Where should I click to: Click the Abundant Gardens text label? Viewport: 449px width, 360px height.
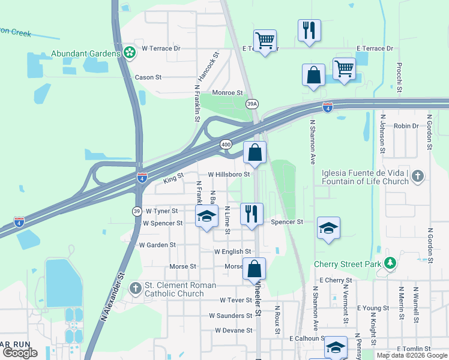(85, 53)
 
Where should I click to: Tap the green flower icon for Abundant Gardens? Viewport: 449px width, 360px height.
(129, 53)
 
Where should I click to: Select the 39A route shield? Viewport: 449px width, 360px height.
(253, 104)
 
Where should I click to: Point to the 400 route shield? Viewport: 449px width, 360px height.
(226, 145)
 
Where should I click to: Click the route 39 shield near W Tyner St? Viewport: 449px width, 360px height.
(137, 211)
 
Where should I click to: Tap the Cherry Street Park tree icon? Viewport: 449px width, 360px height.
(391, 263)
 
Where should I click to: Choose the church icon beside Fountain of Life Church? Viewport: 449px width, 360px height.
(418, 176)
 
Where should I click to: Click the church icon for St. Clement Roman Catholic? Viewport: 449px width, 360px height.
(135, 289)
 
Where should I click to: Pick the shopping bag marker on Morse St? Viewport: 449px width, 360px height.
(254, 269)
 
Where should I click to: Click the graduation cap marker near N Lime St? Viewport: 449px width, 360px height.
(206, 217)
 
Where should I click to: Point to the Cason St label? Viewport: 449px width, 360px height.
(148, 77)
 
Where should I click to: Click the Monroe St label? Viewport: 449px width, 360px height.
(228, 93)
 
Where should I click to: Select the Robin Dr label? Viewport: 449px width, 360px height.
(406, 126)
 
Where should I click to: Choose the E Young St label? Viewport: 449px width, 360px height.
(373, 308)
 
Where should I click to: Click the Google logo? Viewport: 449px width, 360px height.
(20, 353)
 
